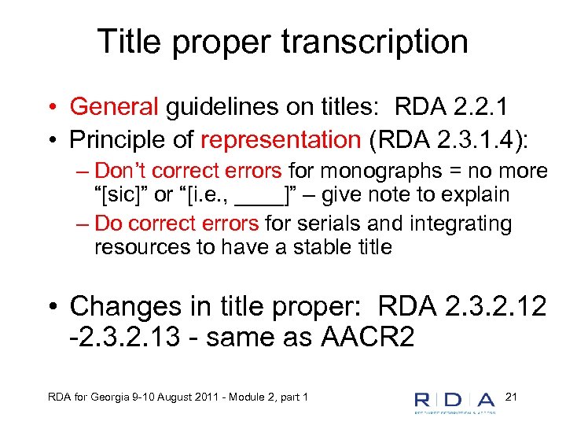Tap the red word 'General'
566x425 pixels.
(114, 106)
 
